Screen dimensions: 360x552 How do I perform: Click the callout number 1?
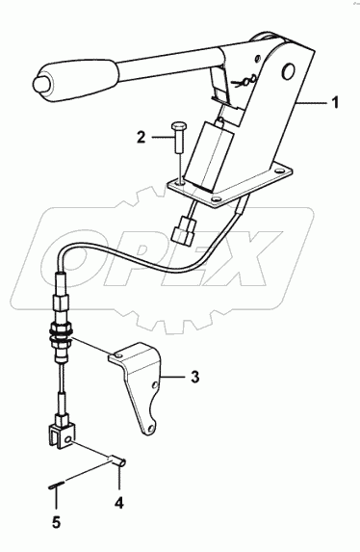click(x=336, y=102)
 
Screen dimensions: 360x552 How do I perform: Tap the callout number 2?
click(x=141, y=138)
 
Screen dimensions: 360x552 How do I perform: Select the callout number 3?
click(x=194, y=377)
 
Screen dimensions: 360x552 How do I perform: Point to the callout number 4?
click(x=119, y=503)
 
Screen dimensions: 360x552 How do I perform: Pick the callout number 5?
click(x=56, y=522)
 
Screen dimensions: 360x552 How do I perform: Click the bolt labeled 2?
click(x=178, y=137)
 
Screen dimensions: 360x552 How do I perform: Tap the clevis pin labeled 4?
click(x=117, y=461)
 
